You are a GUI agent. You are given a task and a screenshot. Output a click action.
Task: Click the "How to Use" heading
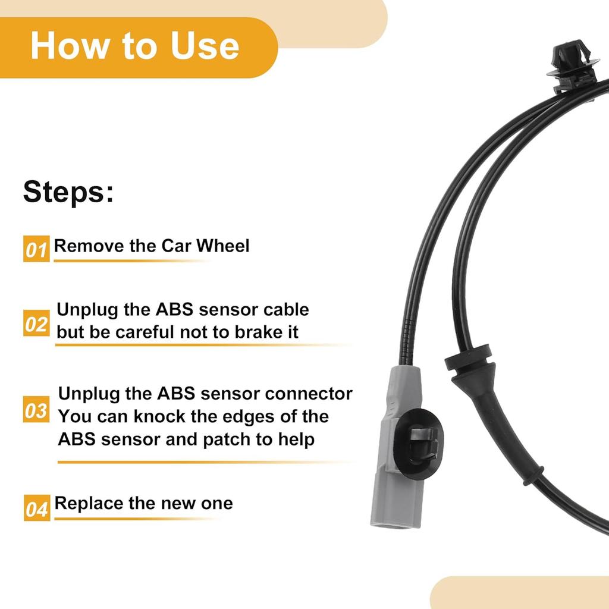134,46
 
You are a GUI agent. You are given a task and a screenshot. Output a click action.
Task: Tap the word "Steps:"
68,192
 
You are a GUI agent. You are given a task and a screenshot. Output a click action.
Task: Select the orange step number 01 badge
36,249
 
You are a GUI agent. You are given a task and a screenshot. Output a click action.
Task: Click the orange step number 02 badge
36,324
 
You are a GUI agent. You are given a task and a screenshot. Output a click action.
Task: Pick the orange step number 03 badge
36,410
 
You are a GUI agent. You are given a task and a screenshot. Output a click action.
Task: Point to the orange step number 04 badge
36,509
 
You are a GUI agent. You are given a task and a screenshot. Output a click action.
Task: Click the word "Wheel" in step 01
223,246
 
